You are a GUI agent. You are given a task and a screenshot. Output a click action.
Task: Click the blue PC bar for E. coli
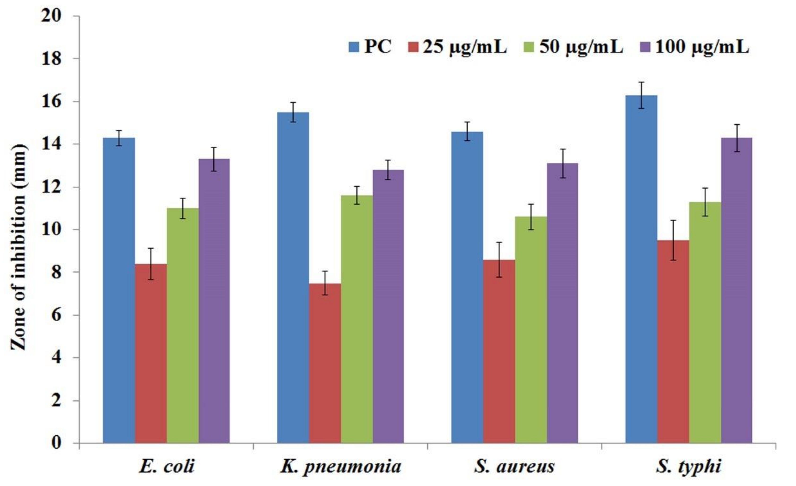[x=119, y=291]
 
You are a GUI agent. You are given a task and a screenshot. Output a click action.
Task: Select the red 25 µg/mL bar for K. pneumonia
[x=325, y=364]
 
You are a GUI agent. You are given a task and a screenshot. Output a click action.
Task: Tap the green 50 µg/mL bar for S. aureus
[x=531, y=330]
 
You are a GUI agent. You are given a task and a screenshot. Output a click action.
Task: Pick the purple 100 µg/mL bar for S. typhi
[x=737, y=291]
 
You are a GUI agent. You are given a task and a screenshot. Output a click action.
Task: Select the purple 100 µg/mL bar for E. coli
[x=214, y=300]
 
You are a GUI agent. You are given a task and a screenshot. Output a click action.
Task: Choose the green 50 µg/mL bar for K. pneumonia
[x=357, y=320]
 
